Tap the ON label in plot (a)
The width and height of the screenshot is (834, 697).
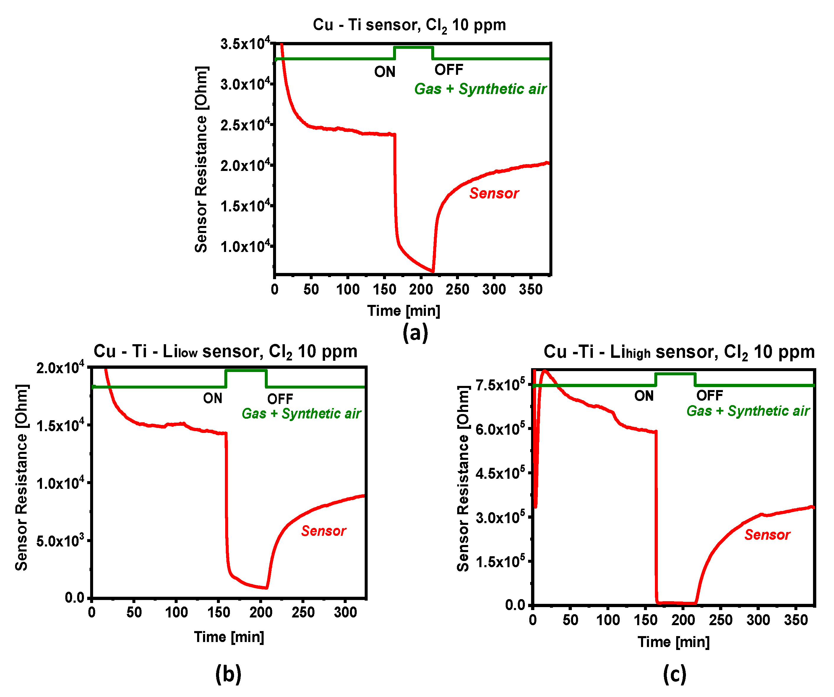pos(384,72)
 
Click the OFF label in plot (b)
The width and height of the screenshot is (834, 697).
pos(280,399)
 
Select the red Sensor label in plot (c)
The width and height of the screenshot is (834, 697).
pos(767,535)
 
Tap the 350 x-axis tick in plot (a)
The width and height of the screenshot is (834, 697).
pos(530,289)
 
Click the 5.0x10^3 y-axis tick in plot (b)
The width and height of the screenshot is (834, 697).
pos(60,541)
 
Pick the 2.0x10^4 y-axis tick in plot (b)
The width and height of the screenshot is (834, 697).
pos(60,368)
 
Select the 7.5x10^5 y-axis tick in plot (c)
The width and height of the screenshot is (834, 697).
pos(500,385)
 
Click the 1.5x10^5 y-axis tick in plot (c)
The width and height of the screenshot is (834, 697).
pos(500,562)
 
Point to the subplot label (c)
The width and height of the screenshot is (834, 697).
pos(674,674)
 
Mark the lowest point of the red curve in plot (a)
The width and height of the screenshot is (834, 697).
pos(432,272)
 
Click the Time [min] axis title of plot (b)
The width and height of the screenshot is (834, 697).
pos(229,637)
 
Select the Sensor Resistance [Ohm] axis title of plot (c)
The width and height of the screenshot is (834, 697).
pos(463,478)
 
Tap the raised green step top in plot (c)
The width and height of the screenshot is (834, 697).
pos(675,373)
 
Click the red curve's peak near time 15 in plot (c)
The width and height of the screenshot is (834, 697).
pos(544,371)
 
